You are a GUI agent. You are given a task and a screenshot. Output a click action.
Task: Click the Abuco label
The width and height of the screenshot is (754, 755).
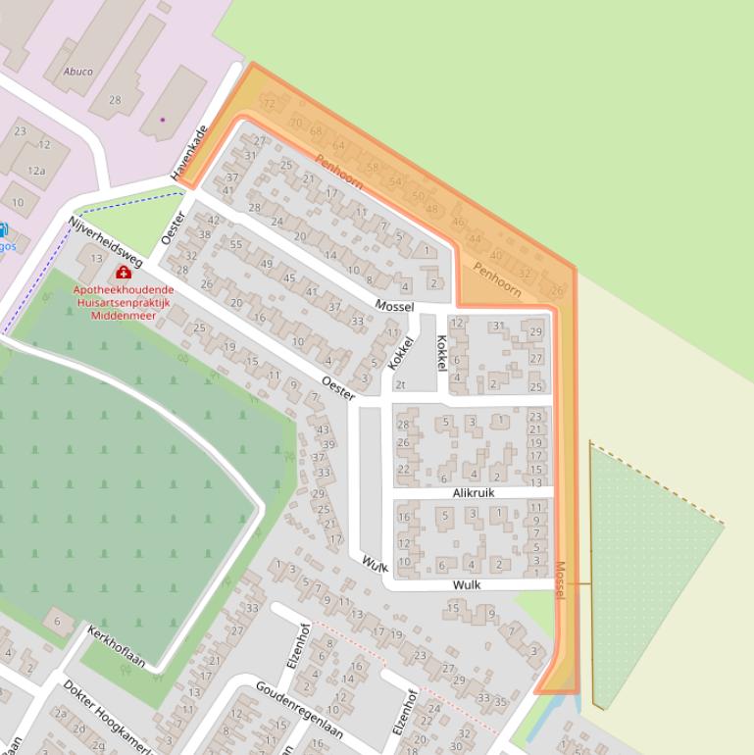pyautogui.click(x=77, y=72)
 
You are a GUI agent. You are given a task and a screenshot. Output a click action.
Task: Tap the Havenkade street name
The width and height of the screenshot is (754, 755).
pyautogui.click(x=189, y=152)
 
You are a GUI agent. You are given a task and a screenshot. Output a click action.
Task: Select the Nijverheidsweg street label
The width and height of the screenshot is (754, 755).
pyautogui.click(x=105, y=242)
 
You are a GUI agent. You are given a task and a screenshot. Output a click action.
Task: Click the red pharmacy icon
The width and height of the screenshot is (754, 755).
pyautogui.click(x=124, y=272)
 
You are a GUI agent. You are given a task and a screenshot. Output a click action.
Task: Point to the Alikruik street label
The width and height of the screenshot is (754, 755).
pyautogui.click(x=474, y=492)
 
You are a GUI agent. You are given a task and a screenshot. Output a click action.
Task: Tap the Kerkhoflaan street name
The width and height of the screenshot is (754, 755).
pyautogui.click(x=116, y=647)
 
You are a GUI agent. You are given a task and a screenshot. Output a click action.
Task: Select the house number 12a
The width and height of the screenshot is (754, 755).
pyautogui.click(x=36, y=171)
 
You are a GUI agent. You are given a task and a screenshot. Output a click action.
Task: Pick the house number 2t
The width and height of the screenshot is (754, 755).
pyautogui.click(x=399, y=384)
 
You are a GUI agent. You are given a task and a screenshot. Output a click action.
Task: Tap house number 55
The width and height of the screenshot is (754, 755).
pyautogui.click(x=236, y=244)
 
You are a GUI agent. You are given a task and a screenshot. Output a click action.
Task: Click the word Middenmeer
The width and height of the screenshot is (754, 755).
pyautogui.click(x=124, y=316)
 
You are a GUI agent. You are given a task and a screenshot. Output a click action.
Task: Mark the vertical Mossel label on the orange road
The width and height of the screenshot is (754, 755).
pyautogui.click(x=560, y=579)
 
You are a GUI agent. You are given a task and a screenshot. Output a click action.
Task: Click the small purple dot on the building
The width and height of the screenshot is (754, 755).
pyautogui.click(x=163, y=120)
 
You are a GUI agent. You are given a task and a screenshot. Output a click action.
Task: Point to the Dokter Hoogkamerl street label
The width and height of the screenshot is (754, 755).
pyautogui.click(x=108, y=716)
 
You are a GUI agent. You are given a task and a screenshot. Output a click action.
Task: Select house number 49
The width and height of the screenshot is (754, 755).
pyautogui.click(x=266, y=264)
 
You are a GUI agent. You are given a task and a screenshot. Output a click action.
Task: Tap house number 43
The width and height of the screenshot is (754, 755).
pyautogui.click(x=323, y=429)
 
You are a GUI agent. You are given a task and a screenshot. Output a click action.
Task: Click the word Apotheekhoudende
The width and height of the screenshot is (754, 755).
pyautogui.click(x=124, y=290)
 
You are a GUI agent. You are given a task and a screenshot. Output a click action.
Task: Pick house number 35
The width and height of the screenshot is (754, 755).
pyautogui.click(x=500, y=702)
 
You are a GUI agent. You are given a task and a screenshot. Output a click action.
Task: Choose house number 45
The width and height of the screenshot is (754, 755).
pyautogui.click(x=288, y=278)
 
